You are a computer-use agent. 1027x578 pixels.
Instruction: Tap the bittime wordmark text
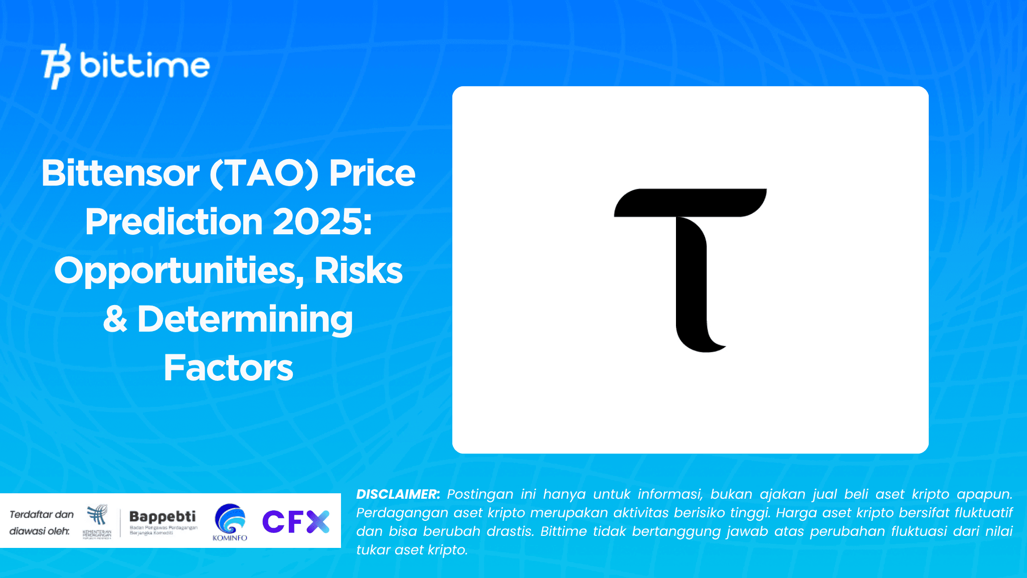[144, 66]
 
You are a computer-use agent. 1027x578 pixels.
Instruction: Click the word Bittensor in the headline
[120, 173]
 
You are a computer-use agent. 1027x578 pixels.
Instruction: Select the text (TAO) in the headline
[264, 173]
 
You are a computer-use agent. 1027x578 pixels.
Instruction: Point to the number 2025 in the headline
[322, 222]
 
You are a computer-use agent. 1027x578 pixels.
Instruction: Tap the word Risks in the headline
[358, 271]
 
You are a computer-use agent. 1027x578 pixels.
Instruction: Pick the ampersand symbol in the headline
[115, 320]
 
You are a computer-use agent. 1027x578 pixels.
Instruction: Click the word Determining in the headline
[245, 320]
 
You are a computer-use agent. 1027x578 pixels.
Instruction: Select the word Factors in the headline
[228, 368]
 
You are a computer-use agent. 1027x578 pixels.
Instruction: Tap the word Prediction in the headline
[174, 222]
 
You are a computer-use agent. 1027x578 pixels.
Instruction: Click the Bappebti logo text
[162, 516]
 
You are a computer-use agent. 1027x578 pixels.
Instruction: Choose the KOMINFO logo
[230, 522]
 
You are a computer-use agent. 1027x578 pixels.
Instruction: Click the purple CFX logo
[296, 521]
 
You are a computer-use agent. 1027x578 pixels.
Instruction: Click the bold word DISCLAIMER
[398, 494]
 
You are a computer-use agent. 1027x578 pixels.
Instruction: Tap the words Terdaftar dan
[42, 514]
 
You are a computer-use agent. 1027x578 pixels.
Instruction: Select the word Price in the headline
[372, 173]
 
